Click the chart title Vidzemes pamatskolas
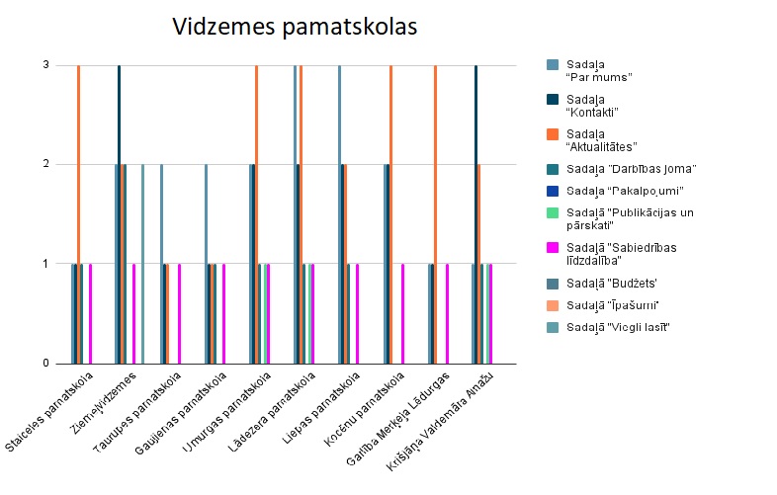295,27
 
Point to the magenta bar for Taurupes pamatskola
179,314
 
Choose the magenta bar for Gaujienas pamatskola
223,314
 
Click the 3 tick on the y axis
44,66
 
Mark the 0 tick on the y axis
44,364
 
